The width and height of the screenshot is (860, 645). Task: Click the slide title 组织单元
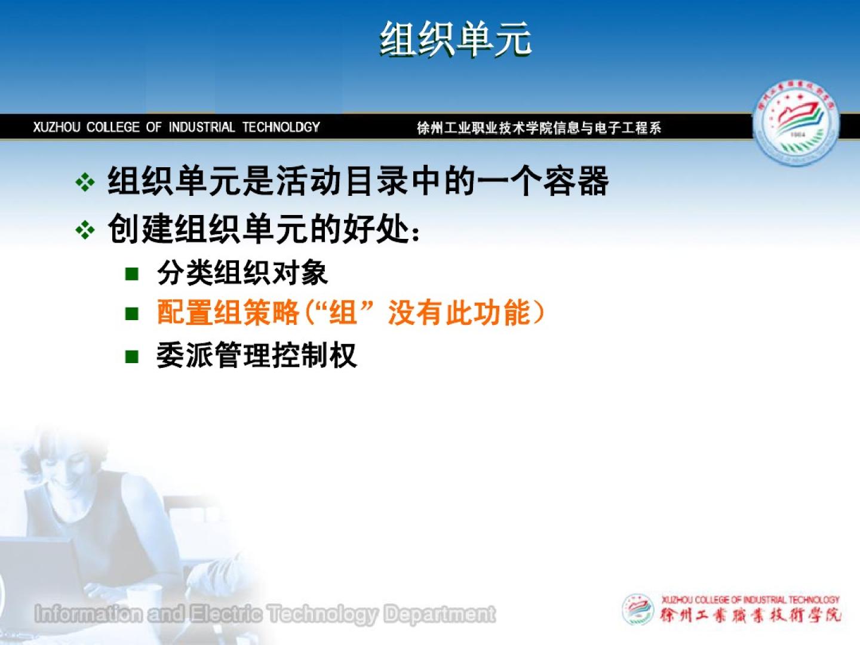(456, 39)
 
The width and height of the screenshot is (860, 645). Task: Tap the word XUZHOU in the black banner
(56, 127)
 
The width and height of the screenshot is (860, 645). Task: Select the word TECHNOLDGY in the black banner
(281, 127)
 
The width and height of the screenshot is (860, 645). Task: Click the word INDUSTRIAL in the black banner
(202, 127)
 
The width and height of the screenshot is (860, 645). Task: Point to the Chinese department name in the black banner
(539, 128)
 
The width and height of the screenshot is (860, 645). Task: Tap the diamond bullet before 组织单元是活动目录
(85, 183)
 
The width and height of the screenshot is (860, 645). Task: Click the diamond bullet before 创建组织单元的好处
(85, 230)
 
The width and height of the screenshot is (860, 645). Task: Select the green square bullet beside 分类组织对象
(131, 274)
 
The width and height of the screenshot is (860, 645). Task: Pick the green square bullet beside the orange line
(131, 314)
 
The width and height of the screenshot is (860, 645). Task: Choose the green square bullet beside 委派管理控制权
(131, 357)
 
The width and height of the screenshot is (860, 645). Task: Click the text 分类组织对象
(242, 272)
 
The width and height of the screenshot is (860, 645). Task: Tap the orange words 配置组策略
(228, 312)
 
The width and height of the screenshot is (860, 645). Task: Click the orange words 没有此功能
(459, 312)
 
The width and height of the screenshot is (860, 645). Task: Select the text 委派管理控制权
(257, 355)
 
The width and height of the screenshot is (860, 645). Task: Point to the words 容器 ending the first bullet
(576, 181)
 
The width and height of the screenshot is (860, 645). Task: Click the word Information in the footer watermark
(88, 614)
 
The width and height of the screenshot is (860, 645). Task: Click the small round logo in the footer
(637, 609)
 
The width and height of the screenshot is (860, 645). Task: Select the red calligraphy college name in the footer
(750, 616)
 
